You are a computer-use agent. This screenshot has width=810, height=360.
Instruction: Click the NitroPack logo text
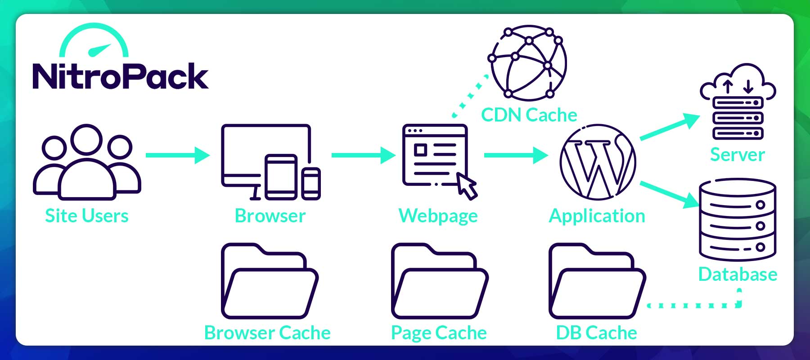coord(120,76)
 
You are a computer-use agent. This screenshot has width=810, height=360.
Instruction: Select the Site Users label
coord(87,216)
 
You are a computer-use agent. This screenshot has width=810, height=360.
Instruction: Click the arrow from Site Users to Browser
coord(177,155)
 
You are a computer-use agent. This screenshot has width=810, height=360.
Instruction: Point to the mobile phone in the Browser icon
coord(311,183)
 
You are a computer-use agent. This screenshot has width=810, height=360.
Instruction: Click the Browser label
coord(270,216)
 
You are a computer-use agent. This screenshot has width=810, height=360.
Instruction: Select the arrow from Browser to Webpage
coord(363,155)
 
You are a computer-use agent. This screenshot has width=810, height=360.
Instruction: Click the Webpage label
coord(438,216)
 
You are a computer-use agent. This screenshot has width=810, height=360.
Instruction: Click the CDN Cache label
coord(529,115)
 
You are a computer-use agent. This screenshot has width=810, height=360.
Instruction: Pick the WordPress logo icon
coord(598,162)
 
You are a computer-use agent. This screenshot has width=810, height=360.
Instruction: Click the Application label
coord(597,216)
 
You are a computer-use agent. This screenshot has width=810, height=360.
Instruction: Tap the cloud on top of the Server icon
coord(738,81)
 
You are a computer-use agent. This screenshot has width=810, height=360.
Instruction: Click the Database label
coord(738,274)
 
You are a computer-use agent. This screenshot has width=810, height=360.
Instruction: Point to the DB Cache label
coord(596,333)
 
